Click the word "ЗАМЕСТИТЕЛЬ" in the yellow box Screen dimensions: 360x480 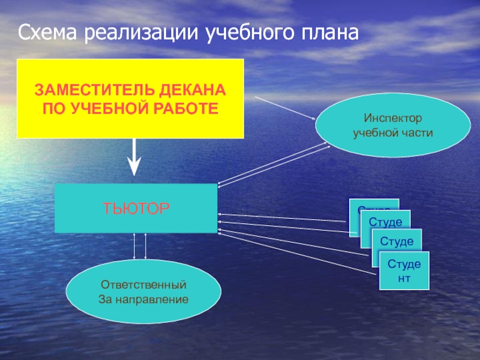click(x=95, y=92)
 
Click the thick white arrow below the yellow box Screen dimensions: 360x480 click(x=134, y=158)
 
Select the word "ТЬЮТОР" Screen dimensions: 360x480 click(x=136, y=208)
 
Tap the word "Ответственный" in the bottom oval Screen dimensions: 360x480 click(x=143, y=284)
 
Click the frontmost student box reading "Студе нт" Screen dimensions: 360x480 click(x=404, y=269)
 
